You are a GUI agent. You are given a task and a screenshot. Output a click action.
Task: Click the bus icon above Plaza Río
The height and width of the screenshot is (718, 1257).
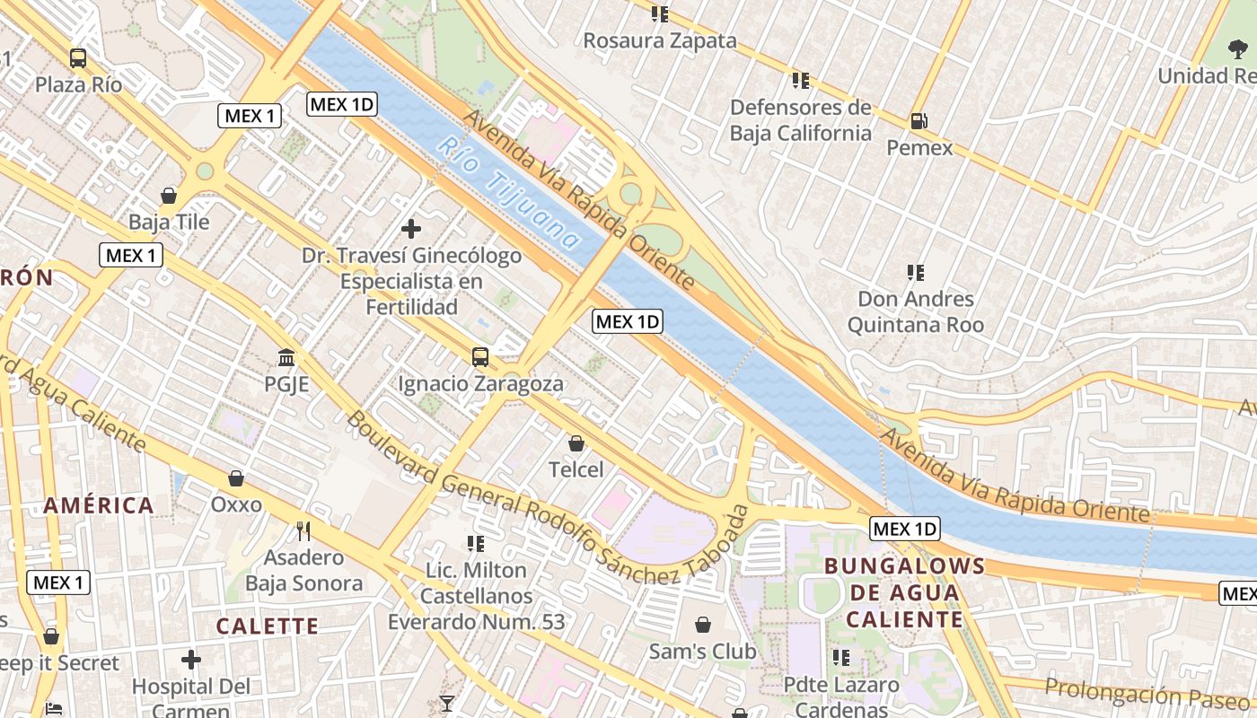click(78, 58)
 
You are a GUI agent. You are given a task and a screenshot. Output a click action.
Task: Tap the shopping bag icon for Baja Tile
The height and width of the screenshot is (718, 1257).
click(169, 196)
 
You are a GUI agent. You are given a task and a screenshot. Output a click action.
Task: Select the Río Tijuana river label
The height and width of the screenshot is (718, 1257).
click(510, 193)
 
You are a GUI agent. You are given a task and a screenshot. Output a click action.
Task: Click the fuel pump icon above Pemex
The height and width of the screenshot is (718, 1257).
click(919, 120)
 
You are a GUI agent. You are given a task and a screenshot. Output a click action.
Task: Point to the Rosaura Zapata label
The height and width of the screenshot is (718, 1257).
click(660, 40)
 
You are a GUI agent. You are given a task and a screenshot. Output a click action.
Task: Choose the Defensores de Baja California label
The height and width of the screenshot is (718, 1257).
click(800, 120)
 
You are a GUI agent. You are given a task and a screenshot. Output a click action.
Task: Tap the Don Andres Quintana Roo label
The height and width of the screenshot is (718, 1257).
click(916, 311)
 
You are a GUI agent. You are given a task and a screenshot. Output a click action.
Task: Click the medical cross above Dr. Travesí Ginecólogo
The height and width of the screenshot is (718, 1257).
click(411, 229)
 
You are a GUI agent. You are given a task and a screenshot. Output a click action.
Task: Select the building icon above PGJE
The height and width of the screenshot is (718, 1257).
click(286, 358)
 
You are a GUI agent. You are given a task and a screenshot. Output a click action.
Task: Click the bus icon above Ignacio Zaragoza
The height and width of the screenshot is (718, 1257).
click(480, 357)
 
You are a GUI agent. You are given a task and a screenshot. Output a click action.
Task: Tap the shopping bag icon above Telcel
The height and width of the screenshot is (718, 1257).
click(576, 443)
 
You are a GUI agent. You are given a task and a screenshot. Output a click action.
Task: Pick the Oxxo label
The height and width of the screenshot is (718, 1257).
click(236, 504)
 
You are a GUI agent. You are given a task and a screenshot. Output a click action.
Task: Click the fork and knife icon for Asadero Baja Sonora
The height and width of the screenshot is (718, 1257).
click(303, 531)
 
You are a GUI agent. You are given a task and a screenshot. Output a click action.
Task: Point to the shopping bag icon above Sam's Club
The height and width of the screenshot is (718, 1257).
click(703, 625)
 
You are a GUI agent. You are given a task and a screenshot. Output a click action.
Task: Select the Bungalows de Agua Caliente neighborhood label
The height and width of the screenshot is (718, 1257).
click(904, 592)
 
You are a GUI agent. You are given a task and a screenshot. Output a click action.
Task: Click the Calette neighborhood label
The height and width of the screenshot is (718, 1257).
click(268, 626)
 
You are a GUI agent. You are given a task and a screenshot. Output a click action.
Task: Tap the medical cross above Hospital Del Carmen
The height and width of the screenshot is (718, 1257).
click(191, 661)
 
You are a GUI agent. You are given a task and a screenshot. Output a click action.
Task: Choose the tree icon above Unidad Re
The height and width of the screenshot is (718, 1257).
click(1237, 50)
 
